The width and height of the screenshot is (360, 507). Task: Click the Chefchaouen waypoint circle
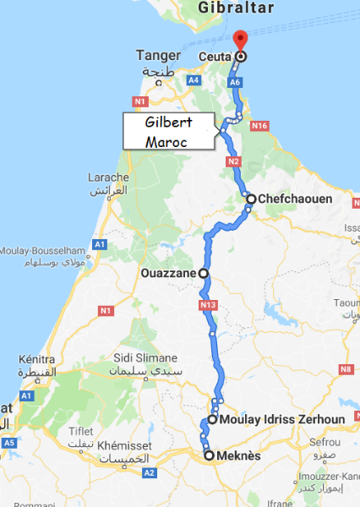[251, 199]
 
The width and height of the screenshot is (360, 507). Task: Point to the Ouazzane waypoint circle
[203, 273]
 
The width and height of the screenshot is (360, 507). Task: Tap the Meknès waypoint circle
[210, 455]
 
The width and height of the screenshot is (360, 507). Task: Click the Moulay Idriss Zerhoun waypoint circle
[213, 418]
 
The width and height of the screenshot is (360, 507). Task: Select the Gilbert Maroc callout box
[169, 131]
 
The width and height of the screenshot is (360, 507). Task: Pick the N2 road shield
[233, 161]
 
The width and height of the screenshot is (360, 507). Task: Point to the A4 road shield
[194, 79]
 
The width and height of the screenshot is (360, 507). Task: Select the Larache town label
[108, 177]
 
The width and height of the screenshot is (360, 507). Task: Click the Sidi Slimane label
[143, 357]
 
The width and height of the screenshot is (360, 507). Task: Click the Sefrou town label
[324, 441]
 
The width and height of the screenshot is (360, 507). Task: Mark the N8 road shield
[345, 368]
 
